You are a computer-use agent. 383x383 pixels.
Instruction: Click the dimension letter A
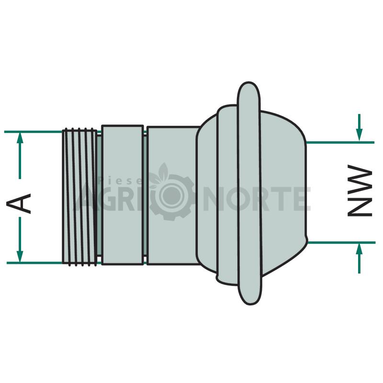click(x=19, y=203)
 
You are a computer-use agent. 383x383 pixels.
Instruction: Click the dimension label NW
click(x=360, y=191)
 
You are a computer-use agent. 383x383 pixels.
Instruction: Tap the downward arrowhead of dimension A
click(x=20, y=257)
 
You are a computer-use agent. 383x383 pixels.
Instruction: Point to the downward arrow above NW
click(x=359, y=127)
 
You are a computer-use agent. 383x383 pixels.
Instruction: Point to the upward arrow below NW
click(x=359, y=258)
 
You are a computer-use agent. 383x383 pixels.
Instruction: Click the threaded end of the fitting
click(x=79, y=197)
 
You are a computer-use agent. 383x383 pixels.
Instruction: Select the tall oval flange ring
click(x=249, y=193)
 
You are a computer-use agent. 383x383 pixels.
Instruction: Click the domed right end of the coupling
click(x=283, y=193)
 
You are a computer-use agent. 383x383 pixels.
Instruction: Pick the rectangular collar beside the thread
click(x=123, y=195)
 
